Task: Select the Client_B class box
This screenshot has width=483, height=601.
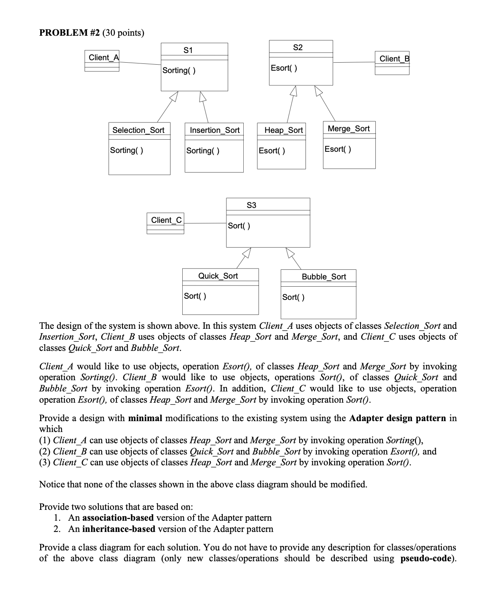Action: (392, 63)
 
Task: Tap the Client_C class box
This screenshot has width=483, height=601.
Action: (165, 224)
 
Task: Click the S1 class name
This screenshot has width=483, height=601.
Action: (188, 50)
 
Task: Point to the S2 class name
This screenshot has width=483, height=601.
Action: (298, 47)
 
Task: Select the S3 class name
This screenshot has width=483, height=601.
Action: (251, 205)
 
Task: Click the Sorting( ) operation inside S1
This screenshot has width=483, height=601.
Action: (179, 70)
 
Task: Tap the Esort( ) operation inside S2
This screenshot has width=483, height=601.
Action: (284, 68)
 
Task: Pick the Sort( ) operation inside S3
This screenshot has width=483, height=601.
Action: (239, 226)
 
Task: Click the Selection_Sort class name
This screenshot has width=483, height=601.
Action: (139, 130)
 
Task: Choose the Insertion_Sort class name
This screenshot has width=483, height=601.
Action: (214, 130)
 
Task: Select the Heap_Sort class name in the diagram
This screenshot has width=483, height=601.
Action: (283, 130)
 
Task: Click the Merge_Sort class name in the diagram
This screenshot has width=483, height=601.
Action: (348, 128)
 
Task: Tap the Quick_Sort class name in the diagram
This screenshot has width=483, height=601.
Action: (218, 276)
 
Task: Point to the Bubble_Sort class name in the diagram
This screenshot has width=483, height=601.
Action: (324, 277)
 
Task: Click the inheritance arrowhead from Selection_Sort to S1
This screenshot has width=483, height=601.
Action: (173, 96)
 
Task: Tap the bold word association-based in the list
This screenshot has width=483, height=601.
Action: (118, 517)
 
